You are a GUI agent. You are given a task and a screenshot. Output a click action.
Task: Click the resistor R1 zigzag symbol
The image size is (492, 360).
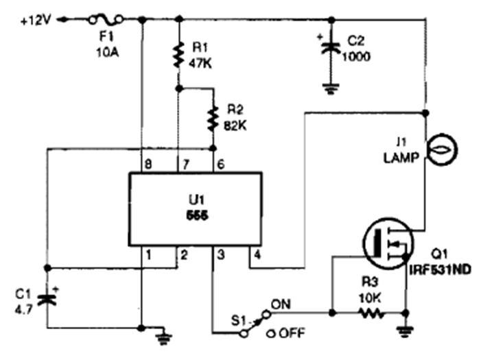point(178,52)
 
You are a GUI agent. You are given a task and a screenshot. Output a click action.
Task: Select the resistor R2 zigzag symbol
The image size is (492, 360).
point(213,117)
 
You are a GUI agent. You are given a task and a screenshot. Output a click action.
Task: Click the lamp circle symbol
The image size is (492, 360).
point(436,148)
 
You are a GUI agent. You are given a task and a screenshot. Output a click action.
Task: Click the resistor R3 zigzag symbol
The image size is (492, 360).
point(371,313)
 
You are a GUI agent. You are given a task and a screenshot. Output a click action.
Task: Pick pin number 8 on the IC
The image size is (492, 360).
point(146,165)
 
